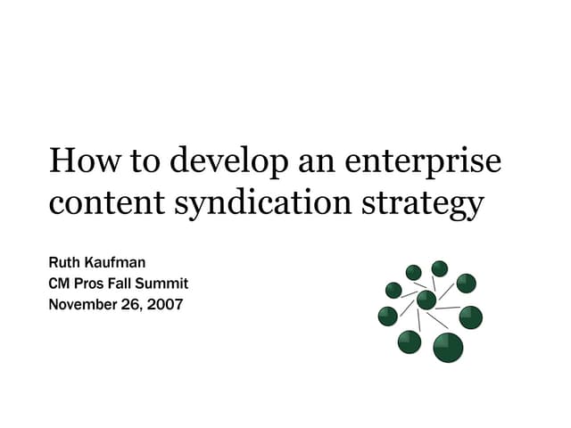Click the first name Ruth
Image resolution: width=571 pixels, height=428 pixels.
click(x=64, y=264)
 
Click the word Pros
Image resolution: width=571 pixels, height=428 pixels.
click(x=92, y=284)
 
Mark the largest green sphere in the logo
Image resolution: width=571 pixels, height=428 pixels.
click(x=448, y=347)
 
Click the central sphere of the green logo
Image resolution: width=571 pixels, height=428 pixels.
click(x=426, y=300)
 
